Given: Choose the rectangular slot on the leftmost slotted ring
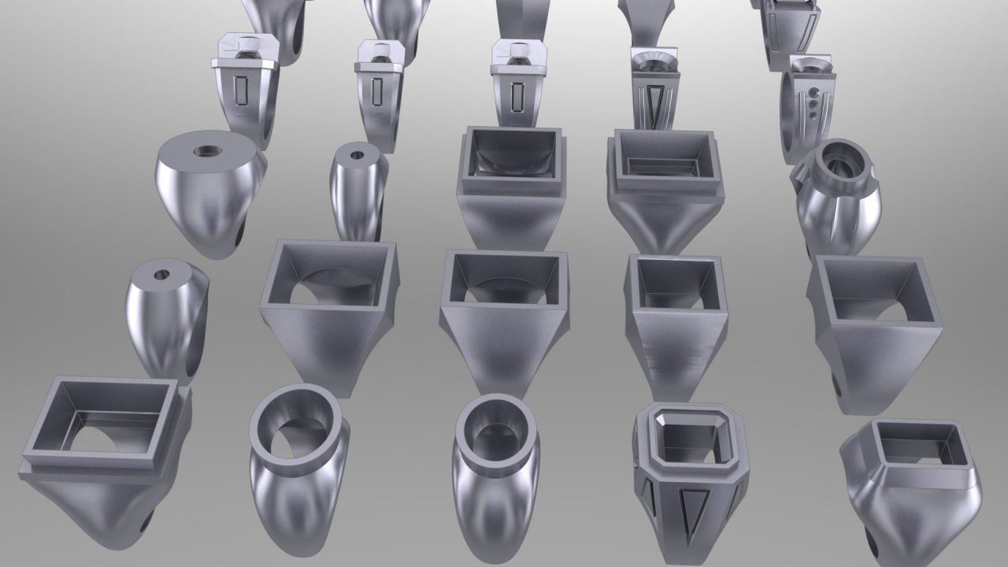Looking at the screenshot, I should point(242,92).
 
